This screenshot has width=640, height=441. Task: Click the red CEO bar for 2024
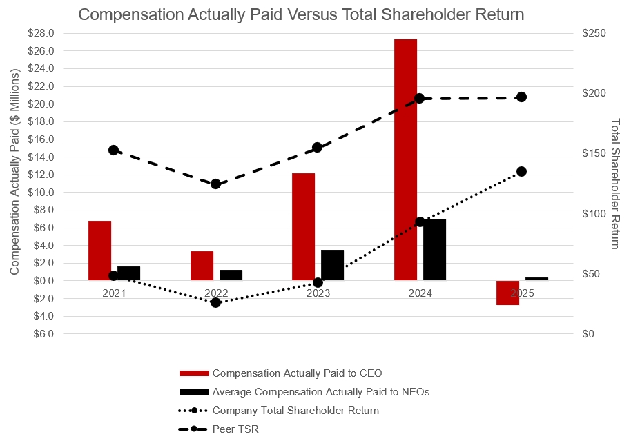[x=405, y=159]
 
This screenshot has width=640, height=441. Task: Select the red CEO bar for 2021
[x=99, y=250]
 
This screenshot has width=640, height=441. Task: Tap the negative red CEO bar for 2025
[x=507, y=293]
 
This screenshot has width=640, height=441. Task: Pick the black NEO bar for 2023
[x=333, y=265]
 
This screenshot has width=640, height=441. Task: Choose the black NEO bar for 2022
[x=231, y=275]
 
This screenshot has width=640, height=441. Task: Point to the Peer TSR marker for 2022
[x=215, y=184]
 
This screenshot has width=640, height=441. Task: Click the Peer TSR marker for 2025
[x=521, y=97]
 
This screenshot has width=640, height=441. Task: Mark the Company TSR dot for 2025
[x=521, y=171]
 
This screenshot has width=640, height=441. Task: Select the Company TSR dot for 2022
[x=215, y=302]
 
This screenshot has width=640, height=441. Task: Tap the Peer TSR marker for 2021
[x=113, y=150]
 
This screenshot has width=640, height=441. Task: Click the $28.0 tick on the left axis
[x=43, y=33]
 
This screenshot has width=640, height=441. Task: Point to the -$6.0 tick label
[x=43, y=334]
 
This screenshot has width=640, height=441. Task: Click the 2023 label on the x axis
[x=318, y=293]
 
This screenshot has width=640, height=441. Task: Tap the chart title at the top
[x=301, y=14]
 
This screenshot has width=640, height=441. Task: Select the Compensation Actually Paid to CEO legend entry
[x=297, y=373]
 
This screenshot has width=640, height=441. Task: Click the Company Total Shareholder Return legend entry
[x=295, y=411]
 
